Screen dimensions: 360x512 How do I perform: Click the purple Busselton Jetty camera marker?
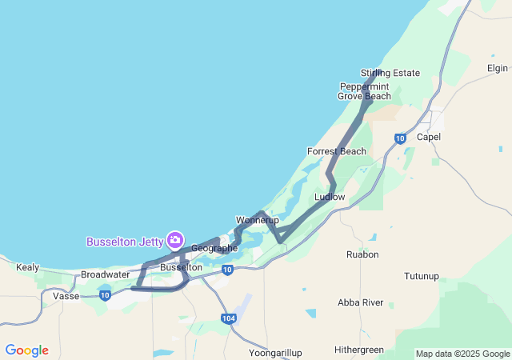(x=175, y=239)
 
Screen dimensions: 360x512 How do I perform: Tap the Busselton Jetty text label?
(x=124, y=242)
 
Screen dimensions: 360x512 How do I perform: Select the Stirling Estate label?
(x=390, y=73)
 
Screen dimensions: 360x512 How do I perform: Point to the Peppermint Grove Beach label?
(x=365, y=91)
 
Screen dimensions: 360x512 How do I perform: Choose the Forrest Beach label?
(x=337, y=151)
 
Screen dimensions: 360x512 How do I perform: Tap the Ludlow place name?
(x=330, y=196)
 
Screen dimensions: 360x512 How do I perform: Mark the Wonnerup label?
(x=257, y=220)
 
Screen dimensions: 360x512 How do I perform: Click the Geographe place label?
(x=214, y=248)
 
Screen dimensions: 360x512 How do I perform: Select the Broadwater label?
(x=105, y=274)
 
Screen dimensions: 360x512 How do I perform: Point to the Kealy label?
(x=27, y=267)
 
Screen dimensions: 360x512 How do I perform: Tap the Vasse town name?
(x=66, y=296)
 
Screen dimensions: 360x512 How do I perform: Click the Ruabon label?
(x=362, y=254)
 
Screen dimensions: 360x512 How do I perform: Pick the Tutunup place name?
(x=422, y=276)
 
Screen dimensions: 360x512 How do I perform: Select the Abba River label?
(x=361, y=302)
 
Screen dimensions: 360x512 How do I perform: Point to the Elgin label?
(x=498, y=68)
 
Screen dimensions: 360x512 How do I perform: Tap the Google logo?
(x=26, y=350)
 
